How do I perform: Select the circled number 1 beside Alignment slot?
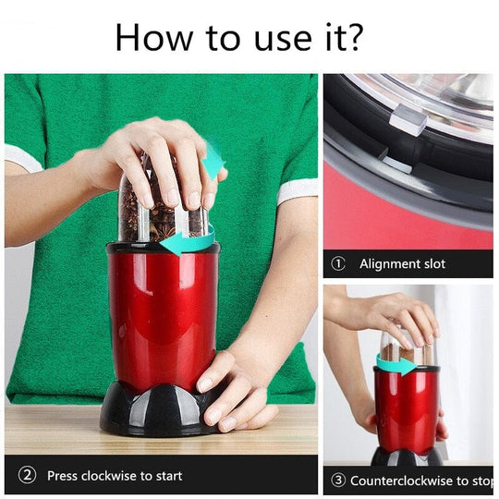pos(338,264)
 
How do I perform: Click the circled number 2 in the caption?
pos(28,476)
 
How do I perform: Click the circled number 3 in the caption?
pos(338,481)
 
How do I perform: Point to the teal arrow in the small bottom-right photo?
pos(396,366)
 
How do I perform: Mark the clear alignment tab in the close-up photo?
pos(408,118)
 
